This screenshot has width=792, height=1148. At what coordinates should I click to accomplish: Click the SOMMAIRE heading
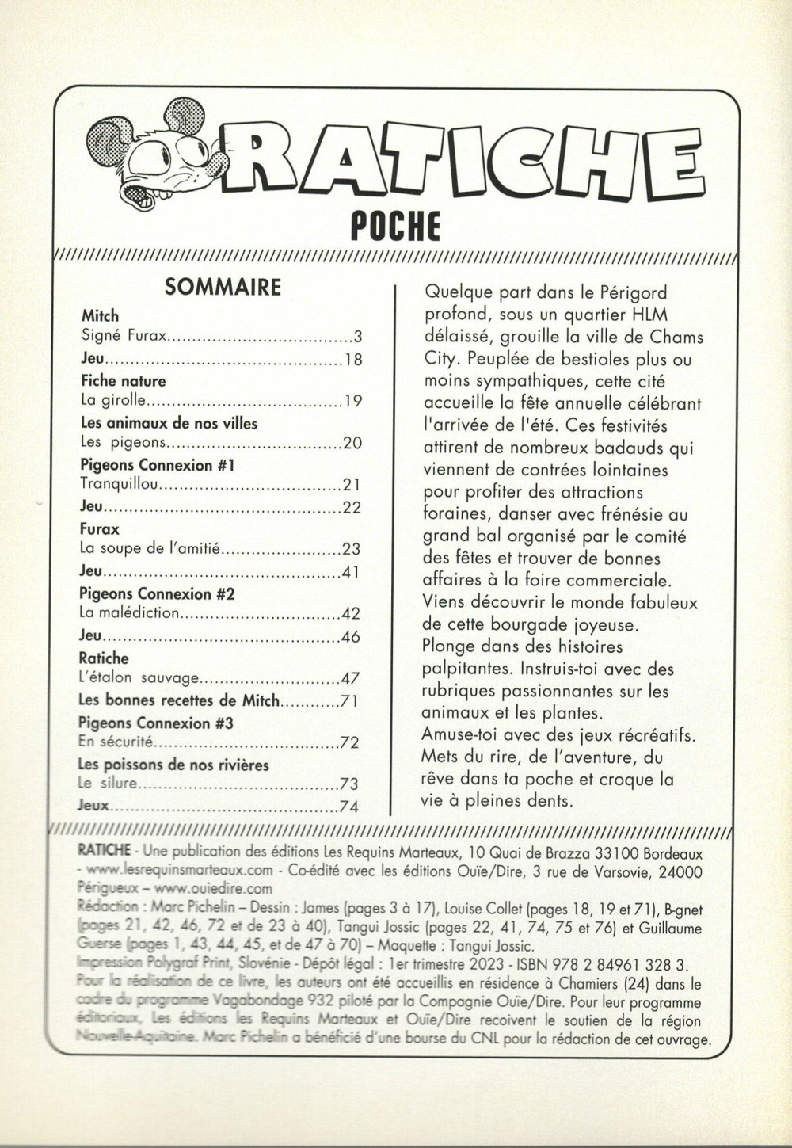coord(223,287)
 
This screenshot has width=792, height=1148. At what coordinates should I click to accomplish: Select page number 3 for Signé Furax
coord(357,336)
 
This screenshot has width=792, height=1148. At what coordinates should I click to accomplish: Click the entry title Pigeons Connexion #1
coord(157,465)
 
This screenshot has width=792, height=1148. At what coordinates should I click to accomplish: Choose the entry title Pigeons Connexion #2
coord(157,593)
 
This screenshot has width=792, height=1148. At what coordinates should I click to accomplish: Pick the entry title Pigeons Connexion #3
coord(155,723)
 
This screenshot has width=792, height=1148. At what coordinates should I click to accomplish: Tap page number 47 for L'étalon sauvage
coord(350,678)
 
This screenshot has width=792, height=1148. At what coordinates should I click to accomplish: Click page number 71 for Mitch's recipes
coord(349,700)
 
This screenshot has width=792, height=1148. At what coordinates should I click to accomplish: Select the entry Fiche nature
coord(123,381)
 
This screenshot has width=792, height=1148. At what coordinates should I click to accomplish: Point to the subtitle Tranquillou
coord(120,484)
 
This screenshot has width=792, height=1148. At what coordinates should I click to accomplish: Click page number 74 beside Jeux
coord(349,807)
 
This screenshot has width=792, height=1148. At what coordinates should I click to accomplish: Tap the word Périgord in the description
coord(634,293)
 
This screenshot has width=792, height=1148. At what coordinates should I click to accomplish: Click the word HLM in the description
coord(660,315)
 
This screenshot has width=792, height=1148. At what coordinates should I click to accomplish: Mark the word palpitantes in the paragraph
coord(467,669)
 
